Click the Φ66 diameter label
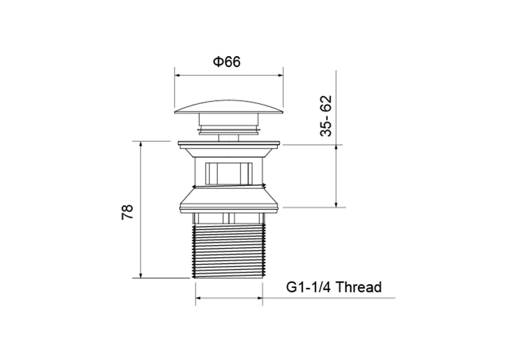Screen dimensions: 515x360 227,62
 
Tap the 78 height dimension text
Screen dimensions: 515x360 127,212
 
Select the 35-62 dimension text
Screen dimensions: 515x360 326,116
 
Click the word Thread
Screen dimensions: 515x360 359,287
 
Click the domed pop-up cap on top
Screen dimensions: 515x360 229,107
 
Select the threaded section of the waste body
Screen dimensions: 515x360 229,251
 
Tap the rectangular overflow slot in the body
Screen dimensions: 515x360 229,174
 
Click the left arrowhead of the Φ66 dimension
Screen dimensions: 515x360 177,75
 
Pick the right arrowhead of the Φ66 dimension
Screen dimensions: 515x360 281,75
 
